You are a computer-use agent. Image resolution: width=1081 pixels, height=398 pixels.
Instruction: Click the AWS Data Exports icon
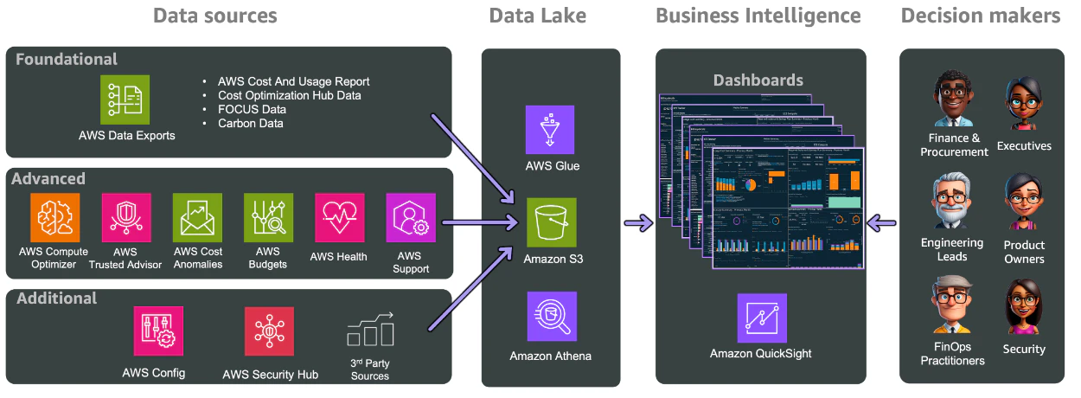[x=125, y=99]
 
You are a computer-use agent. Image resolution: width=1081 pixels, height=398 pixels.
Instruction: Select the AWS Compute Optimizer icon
[x=55, y=217]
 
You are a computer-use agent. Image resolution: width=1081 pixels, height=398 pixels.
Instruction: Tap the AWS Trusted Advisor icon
[x=126, y=217]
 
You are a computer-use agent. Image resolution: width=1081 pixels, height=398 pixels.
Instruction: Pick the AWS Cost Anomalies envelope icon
[x=197, y=217]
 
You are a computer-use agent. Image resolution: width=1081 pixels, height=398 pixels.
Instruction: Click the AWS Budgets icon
[x=268, y=217]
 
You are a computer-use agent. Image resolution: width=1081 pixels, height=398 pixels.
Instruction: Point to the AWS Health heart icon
[x=339, y=217]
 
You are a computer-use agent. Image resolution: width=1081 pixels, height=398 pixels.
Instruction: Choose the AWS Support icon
[x=411, y=217]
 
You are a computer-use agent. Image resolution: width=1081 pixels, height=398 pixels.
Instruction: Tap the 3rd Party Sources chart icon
[x=370, y=331]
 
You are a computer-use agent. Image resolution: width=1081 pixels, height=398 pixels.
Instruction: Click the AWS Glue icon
[x=551, y=130]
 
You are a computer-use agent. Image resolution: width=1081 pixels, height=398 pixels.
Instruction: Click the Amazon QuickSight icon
[x=762, y=318]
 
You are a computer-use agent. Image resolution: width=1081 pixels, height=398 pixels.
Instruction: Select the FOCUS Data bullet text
[x=252, y=110]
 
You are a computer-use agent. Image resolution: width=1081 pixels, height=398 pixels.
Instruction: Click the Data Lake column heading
[x=551, y=16]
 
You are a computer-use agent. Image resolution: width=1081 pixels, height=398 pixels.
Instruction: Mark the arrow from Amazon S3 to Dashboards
[x=639, y=223]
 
